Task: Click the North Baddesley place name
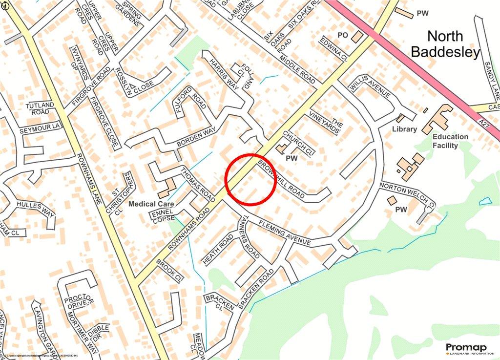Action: (x=445, y=44)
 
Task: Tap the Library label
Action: (x=405, y=129)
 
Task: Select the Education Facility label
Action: (x=450, y=141)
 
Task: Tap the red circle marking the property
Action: (x=250, y=179)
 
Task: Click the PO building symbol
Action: (x=357, y=37)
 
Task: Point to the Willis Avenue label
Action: (x=371, y=87)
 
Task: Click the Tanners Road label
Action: (x=249, y=237)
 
